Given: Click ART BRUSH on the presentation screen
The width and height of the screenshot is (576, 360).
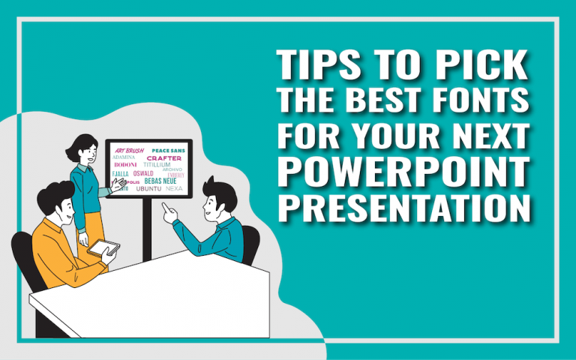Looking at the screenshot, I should (129, 150).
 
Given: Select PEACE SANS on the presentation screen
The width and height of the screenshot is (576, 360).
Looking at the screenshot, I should (168, 150).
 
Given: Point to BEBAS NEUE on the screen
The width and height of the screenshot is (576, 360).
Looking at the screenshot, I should (160, 181).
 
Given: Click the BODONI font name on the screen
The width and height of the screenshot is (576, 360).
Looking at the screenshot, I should (125, 165).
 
